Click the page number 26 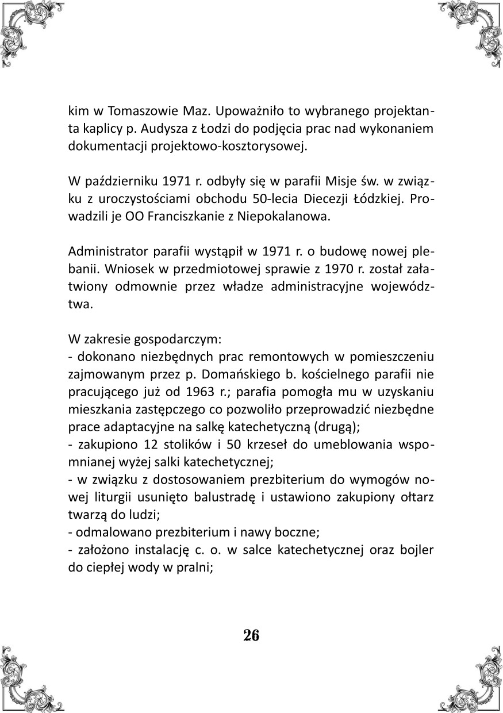click(x=251, y=635)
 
